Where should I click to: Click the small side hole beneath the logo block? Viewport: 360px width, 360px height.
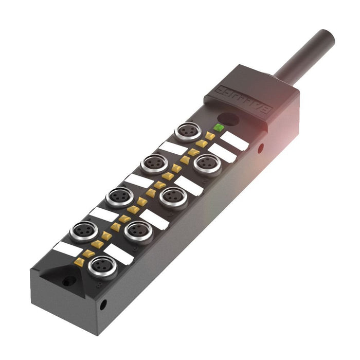(261, 149)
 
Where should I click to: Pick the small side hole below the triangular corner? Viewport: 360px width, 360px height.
(103, 304)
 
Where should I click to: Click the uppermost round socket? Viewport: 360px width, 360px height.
(185, 132)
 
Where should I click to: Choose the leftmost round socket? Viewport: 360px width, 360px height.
(83, 230)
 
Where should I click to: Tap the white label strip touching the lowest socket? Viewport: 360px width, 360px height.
(118, 254)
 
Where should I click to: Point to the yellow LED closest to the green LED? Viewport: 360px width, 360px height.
(210, 136)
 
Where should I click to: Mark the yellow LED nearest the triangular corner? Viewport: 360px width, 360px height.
(79, 262)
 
